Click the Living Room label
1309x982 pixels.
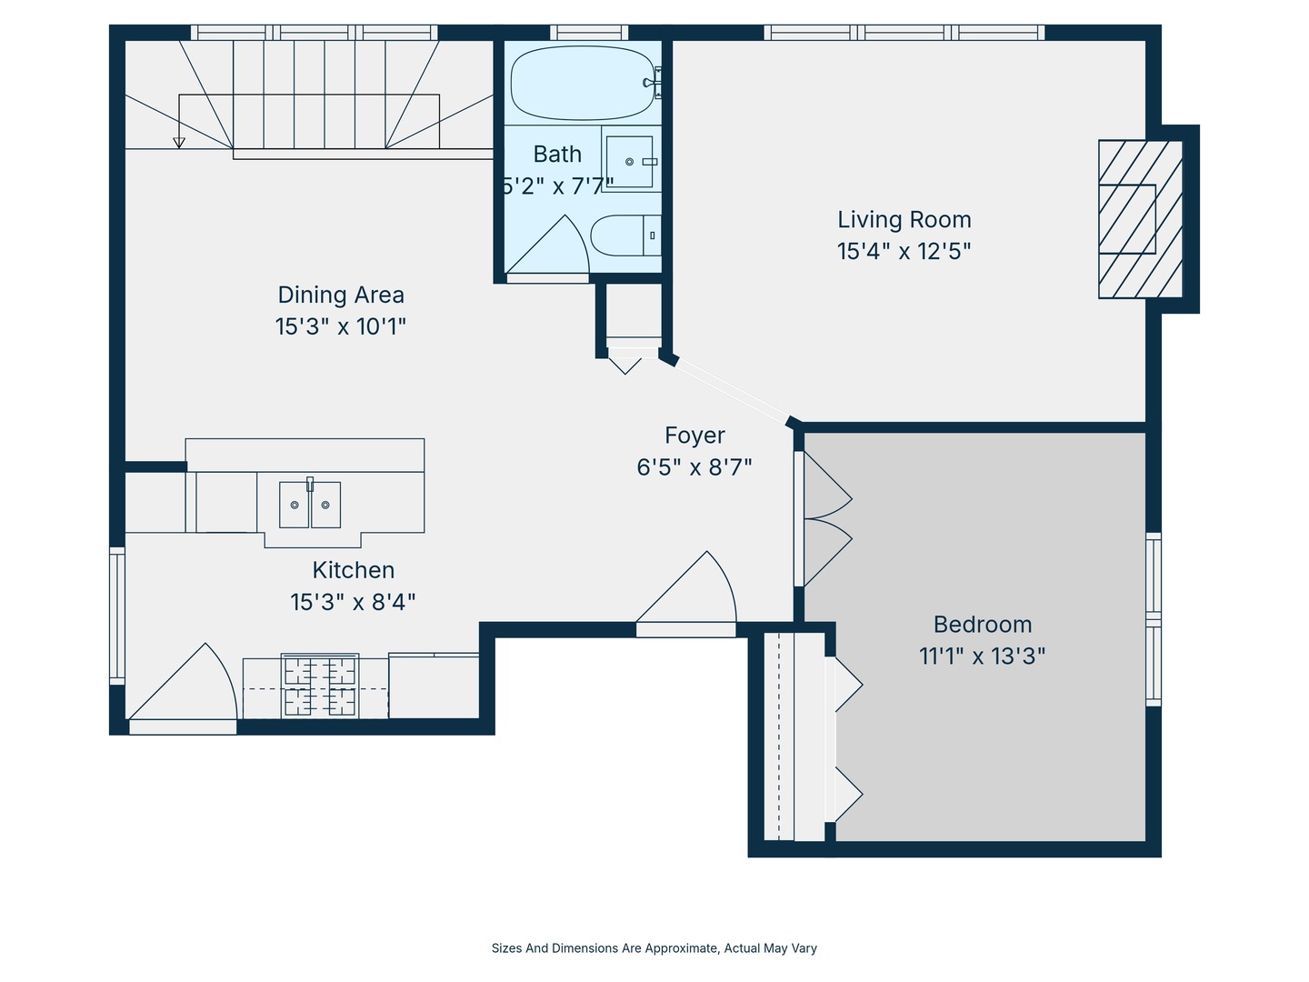pyautogui.click(x=904, y=220)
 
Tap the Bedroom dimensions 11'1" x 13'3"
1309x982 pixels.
pyautogui.click(x=982, y=656)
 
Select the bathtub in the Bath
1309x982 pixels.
pyautogui.click(x=583, y=83)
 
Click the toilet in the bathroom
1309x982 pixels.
pyautogui.click(x=625, y=235)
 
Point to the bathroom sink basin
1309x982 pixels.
pyautogui.click(x=629, y=162)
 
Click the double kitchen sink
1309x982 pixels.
pyautogui.click(x=310, y=505)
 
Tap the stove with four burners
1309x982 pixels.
pyautogui.click(x=320, y=686)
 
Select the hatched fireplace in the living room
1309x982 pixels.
pyautogui.click(x=1140, y=219)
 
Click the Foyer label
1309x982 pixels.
pyautogui.click(x=694, y=436)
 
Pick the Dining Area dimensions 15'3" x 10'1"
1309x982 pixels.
pyautogui.click(x=341, y=326)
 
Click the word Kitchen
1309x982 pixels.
pyautogui.click(x=353, y=571)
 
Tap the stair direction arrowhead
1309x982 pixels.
pyautogui.click(x=179, y=143)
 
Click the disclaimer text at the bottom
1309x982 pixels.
pyautogui.click(x=654, y=948)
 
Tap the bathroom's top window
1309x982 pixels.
pyautogui.click(x=589, y=32)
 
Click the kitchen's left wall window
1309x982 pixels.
pyautogui.click(x=117, y=616)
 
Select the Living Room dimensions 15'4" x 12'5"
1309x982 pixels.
pyautogui.click(x=904, y=252)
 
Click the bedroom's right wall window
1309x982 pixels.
pyautogui.click(x=1154, y=619)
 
